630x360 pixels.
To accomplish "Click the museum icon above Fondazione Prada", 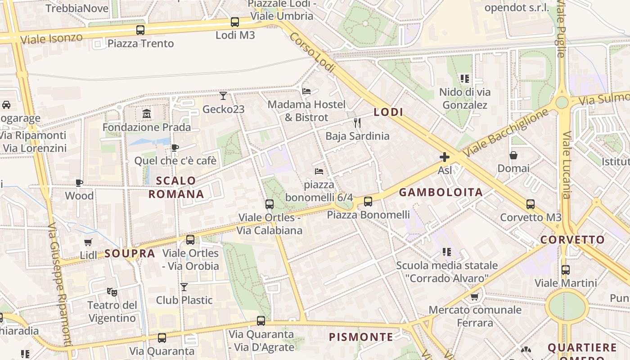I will coord(147,114).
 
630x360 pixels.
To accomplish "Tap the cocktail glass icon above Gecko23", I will coord(223,95).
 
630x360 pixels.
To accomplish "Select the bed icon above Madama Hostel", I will coord(306,91).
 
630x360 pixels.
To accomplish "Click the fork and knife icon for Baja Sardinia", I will coord(357,122).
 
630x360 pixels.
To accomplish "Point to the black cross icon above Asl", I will coord(445,157).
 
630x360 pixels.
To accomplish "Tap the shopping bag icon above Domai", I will coord(513,155).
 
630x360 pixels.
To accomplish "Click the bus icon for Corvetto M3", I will coord(531,204).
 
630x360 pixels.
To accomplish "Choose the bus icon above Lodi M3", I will coord(235,22).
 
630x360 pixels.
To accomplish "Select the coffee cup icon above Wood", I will coord(79,182).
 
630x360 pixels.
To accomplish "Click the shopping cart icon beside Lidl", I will coord(88,242).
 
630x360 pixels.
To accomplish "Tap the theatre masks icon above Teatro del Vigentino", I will coord(112,292).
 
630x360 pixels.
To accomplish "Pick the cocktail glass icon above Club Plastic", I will coord(184,287).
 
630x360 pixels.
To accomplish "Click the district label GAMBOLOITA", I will coord(441,193).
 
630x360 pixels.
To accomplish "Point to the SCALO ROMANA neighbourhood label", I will coord(176,187).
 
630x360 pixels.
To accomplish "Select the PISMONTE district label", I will coord(360,337).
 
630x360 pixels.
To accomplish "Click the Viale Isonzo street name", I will coord(51,38).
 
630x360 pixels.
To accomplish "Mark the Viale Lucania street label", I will coord(566,165).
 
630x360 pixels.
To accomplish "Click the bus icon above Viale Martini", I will coord(566,270).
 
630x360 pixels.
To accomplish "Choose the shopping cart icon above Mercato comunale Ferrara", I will coord(474,297).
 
